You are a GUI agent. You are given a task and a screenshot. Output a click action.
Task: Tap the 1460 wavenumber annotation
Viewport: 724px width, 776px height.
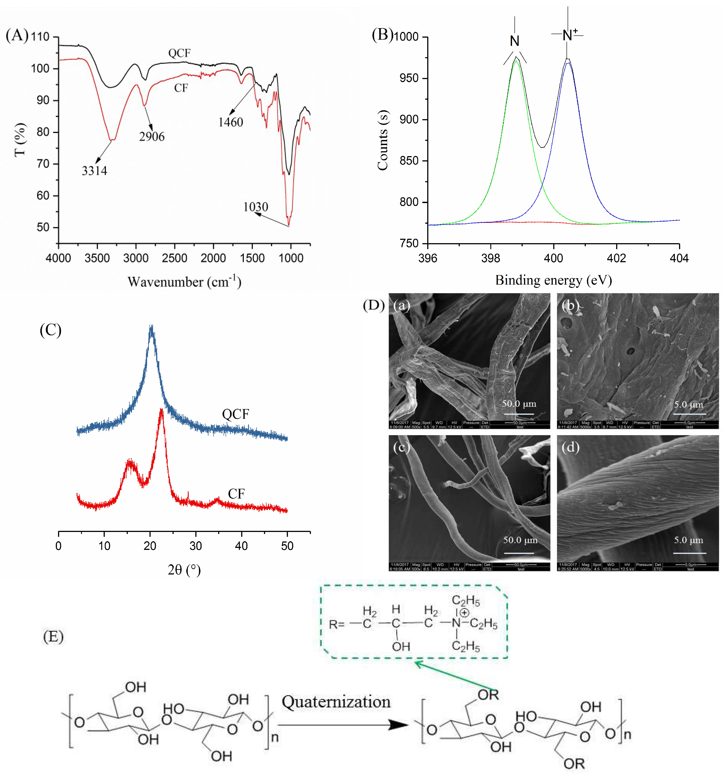tap(230, 122)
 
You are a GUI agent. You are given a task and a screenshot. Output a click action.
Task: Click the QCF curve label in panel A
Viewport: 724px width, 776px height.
tap(179, 53)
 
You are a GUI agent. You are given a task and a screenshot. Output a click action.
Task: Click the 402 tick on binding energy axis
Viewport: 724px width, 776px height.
tap(616, 258)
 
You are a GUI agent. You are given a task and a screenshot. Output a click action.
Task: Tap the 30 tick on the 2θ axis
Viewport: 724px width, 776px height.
tap(196, 546)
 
